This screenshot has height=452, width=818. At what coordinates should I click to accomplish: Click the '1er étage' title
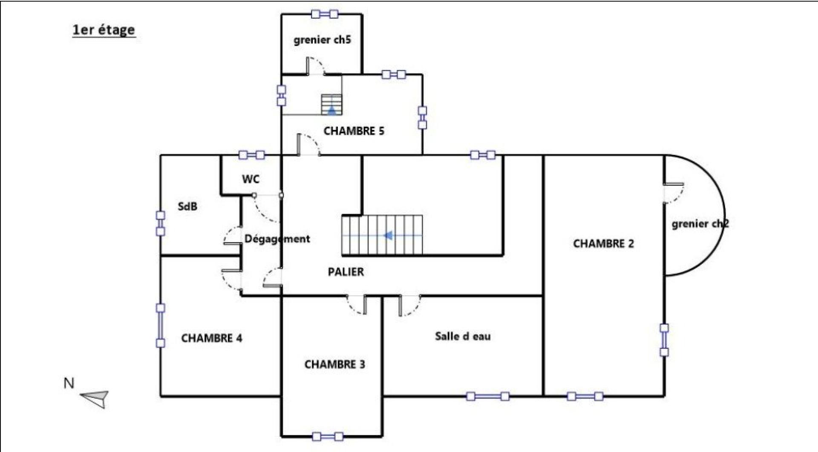[x=104, y=30]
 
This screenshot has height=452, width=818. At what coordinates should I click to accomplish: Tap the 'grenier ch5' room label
[x=322, y=40]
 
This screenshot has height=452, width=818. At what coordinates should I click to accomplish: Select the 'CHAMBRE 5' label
[x=354, y=131]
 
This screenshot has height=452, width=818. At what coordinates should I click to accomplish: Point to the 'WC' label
[x=251, y=179]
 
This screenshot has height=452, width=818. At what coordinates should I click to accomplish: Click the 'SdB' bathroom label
[x=187, y=206]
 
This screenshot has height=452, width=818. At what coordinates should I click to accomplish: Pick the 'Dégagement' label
[x=277, y=239]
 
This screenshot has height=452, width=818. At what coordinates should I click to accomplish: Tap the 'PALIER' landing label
[x=346, y=272]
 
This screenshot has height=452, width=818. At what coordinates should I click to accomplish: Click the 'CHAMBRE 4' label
[x=212, y=338]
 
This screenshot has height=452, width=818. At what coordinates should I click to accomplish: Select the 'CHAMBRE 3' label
[x=334, y=364]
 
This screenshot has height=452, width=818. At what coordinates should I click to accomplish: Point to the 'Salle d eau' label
[x=463, y=336]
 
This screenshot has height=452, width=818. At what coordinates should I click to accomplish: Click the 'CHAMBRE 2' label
[x=603, y=243]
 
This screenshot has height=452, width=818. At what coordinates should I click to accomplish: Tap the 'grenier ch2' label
[x=700, y=224]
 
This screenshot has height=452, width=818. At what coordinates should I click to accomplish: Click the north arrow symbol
[x=95, y=398]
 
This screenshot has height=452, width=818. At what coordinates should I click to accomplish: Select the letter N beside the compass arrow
[x=69, y=383]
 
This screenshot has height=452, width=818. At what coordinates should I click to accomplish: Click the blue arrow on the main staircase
[x=388, y=235]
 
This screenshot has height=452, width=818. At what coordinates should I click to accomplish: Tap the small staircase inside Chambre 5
[x=331, y=105]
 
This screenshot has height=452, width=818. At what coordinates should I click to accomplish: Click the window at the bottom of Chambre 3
[x=328, y=436]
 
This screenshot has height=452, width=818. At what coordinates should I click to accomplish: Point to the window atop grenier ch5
[x=325, y=14]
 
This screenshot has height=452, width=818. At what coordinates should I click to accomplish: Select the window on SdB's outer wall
[x=160, y=223]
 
